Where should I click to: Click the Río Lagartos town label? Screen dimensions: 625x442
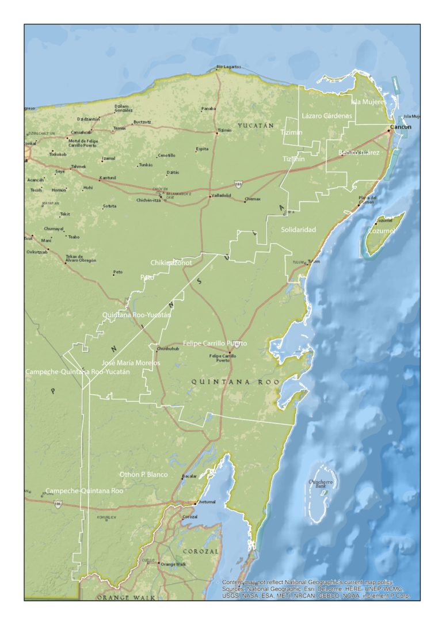tap(228, 67)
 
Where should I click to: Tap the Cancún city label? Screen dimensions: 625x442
tap(401, 127)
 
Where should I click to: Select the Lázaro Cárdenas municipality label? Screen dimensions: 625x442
tap(326, 116)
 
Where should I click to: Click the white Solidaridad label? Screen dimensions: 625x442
tap(299, 230)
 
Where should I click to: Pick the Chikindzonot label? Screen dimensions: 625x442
tap(171, 262)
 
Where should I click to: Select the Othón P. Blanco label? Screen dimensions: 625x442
tap(143, 474)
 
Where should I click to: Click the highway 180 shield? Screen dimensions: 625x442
tap(238, 184)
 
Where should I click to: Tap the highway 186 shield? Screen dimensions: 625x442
tap(58, 504)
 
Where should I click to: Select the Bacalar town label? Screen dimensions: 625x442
tap(189, 476)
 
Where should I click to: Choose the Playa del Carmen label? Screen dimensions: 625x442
tap(367, 200)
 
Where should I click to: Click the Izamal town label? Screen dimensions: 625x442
tap(109, 158)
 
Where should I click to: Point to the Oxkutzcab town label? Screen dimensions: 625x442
tap(37, 251)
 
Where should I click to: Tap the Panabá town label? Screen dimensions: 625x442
tap(208, 108)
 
